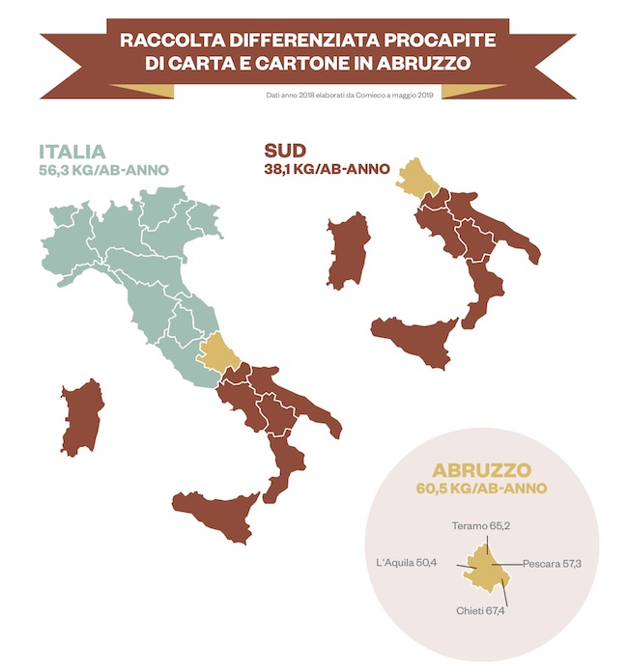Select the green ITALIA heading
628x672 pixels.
(x=72, y=153)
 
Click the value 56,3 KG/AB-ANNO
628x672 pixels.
(x=104, y=171)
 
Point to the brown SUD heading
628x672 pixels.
(x=285, y=152)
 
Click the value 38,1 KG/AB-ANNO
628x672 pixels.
(x=327, y=169)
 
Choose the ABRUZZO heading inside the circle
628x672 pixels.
(x=482, y=471)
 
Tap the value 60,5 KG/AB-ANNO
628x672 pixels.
(x=482, y=490)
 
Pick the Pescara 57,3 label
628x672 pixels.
(x=552, y=563)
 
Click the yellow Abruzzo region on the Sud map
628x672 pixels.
(x=417, y=180)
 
